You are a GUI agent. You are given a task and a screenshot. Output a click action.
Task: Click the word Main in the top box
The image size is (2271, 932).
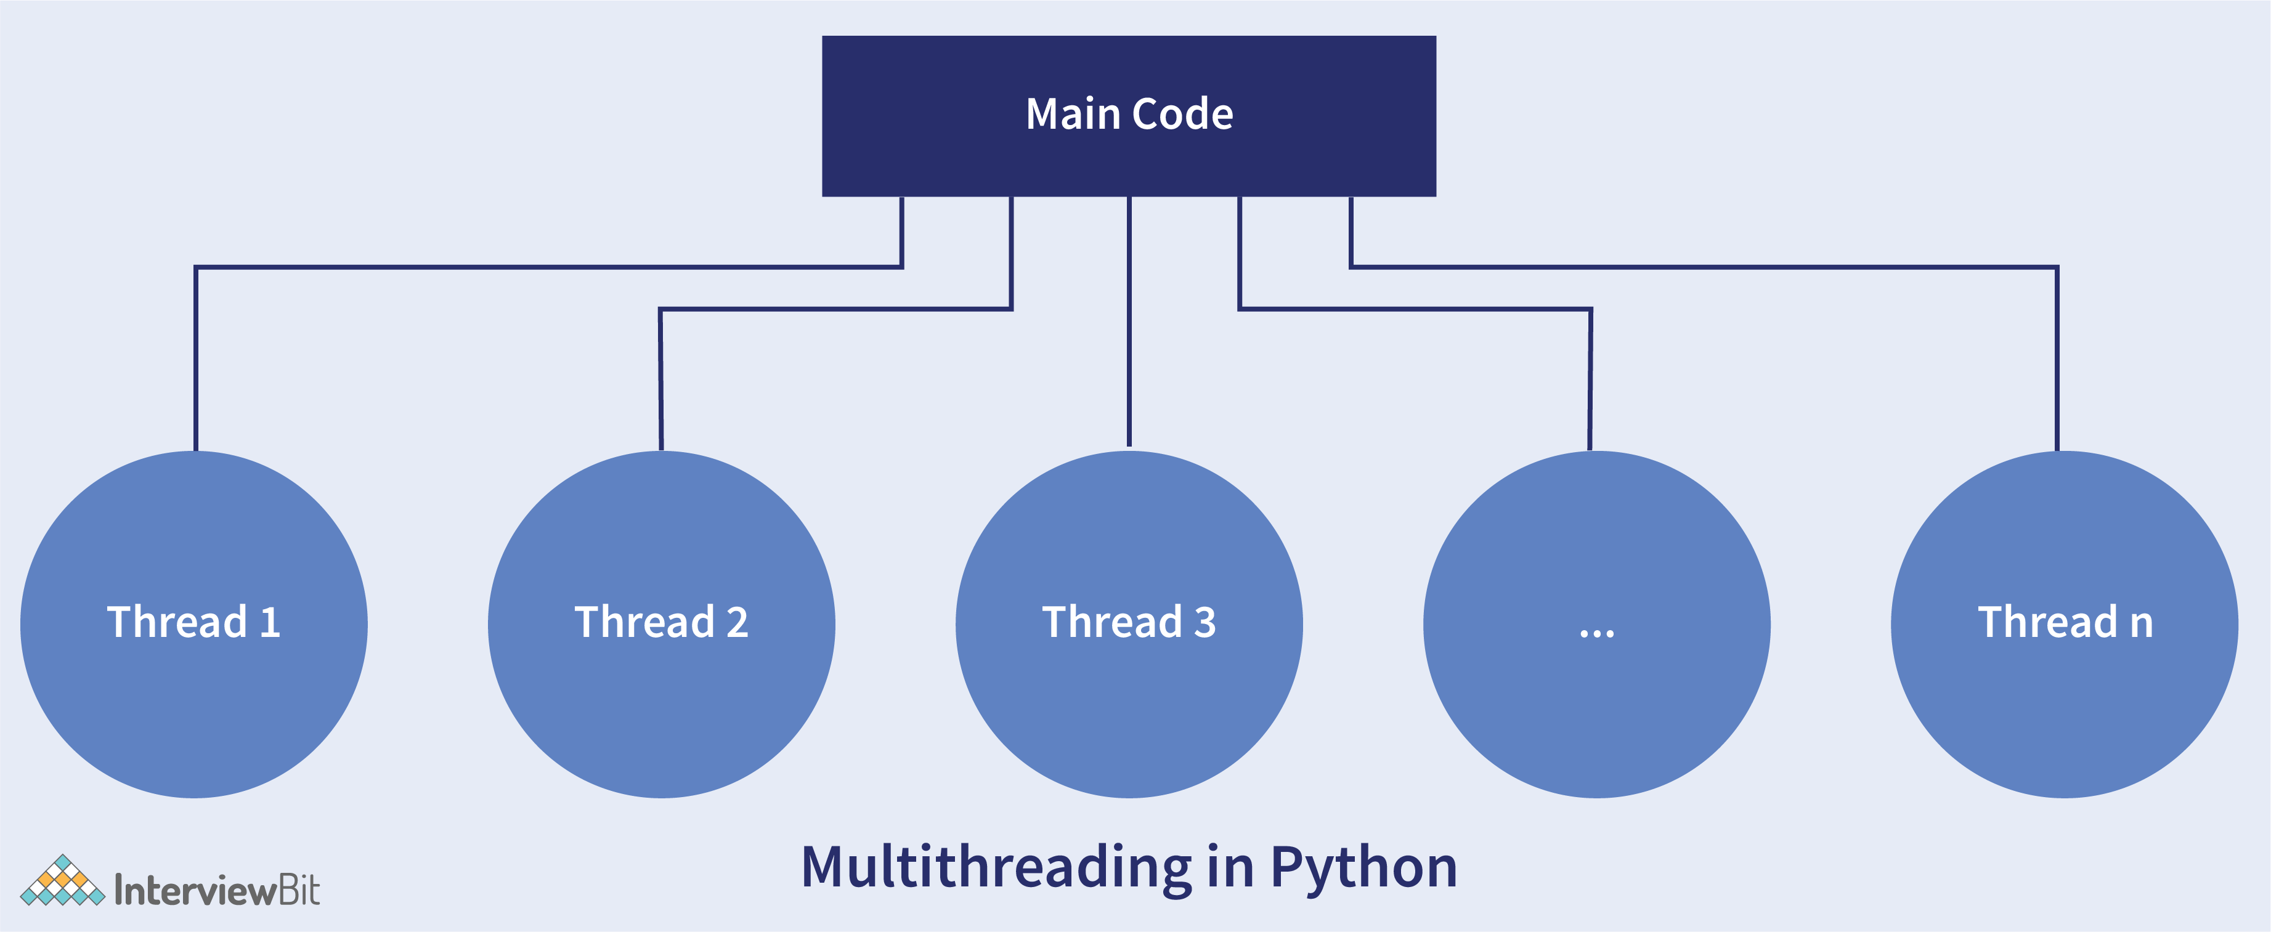(1073, 115)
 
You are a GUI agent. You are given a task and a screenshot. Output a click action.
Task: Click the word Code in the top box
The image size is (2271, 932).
(1182, 115)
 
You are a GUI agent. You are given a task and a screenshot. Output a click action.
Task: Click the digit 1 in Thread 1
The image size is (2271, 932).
(270, 623)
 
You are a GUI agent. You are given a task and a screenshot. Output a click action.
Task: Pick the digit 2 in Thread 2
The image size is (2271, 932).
(737, 623)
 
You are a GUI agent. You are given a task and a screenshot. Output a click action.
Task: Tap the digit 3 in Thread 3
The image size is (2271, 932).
(1205, 623)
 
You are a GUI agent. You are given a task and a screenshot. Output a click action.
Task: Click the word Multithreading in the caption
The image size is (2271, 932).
(996, 868)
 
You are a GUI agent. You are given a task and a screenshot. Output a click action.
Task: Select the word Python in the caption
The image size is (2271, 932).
(1364, 868)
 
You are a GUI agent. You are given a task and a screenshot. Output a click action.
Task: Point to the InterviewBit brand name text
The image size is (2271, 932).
(217, 891)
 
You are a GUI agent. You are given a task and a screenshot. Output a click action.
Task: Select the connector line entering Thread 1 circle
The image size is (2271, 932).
(196, 370)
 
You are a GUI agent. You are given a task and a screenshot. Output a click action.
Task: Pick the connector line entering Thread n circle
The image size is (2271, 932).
(2057, 370)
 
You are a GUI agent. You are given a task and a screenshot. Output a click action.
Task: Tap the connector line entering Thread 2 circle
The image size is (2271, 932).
(660, 388)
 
